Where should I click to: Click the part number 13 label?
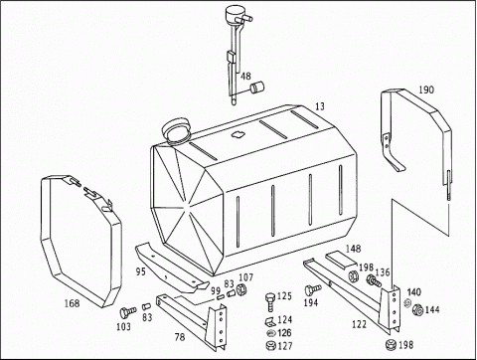coord(320,106)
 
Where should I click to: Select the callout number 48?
coord(245,77)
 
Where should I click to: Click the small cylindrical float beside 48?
coord(257,88)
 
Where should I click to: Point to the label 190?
coord(426,90)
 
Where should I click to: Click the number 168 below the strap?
coord(72,303)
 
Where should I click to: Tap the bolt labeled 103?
coord(127,312)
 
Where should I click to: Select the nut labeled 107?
coord(241,289)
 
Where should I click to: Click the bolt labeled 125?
coord(270,301)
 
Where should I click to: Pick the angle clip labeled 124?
coord(269,321)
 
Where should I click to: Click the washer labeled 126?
coord(270,333)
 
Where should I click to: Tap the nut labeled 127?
coord(270,345)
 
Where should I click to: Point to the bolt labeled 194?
coord(312,289)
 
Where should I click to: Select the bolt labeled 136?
coord(374,281)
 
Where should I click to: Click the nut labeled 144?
coord(417,309)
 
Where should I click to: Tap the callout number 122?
coord(359,324)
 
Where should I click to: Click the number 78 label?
coord(180,337)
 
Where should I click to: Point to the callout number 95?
coord(141,271)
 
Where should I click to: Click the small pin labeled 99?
coord(221,297)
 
